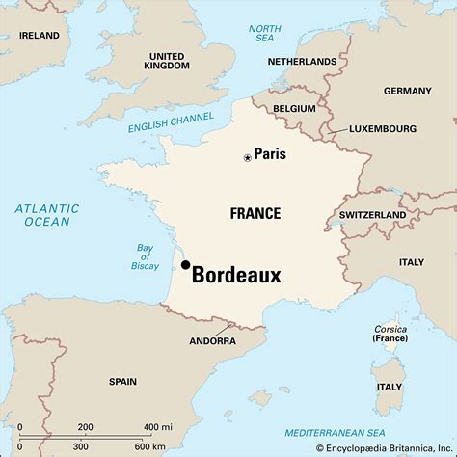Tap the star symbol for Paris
pyautogui.click(x=247, y=156)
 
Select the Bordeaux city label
pyautogui.click(x=236, y=276)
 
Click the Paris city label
pyautogui.click(x=271, y=154)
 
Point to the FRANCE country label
pyautogui.click(x=255, y=213)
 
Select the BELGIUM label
pyautogui.click(x=294, y=109)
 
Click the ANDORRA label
pyautogui.click(x=211, y=341)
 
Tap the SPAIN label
pyautogui.click(x=121, y=381)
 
